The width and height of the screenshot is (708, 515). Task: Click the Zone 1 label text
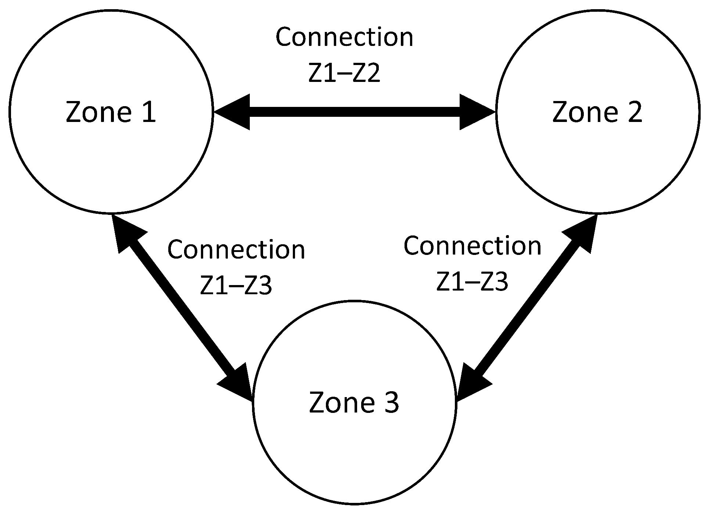pos(111,112)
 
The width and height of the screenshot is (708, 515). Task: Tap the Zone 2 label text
pos(597,112)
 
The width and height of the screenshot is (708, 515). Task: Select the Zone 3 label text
pos(354,403)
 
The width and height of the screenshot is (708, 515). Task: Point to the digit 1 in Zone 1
pos(149,112)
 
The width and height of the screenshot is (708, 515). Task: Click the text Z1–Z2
pos(344,73)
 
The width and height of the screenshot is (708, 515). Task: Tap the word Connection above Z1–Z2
pos(345,37)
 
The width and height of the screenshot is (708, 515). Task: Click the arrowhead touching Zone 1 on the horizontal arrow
pos(232,112)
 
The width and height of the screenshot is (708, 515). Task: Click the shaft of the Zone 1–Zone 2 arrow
pos(355,112)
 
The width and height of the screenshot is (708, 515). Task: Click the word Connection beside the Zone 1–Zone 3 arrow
pos(236,250)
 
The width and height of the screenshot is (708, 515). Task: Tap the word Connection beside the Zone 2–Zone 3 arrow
pos(472,246)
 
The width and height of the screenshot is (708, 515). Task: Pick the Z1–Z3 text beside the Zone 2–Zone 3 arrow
pos(472,282)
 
